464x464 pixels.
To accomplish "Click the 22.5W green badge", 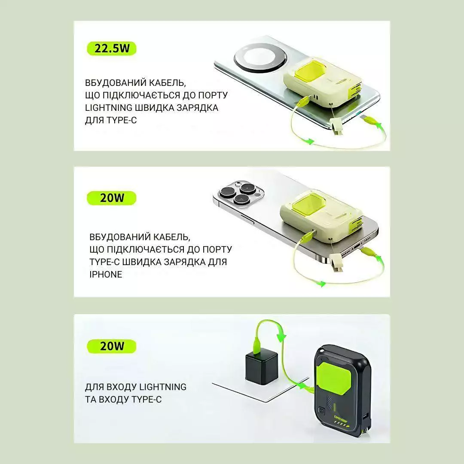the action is tap(112, 49).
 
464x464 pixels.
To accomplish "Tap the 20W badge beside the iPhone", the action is tap(112, 198).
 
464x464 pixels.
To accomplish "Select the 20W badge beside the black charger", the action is tap(112, 346).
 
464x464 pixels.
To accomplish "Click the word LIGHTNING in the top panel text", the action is tap(109, 108).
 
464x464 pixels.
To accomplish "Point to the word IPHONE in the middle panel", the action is tap(106, 274).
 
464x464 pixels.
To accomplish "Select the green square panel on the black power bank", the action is tap(334, 378).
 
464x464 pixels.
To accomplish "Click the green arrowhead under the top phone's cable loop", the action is tap(309, 141).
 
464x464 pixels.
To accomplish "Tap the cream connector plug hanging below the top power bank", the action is tap(336, 126).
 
